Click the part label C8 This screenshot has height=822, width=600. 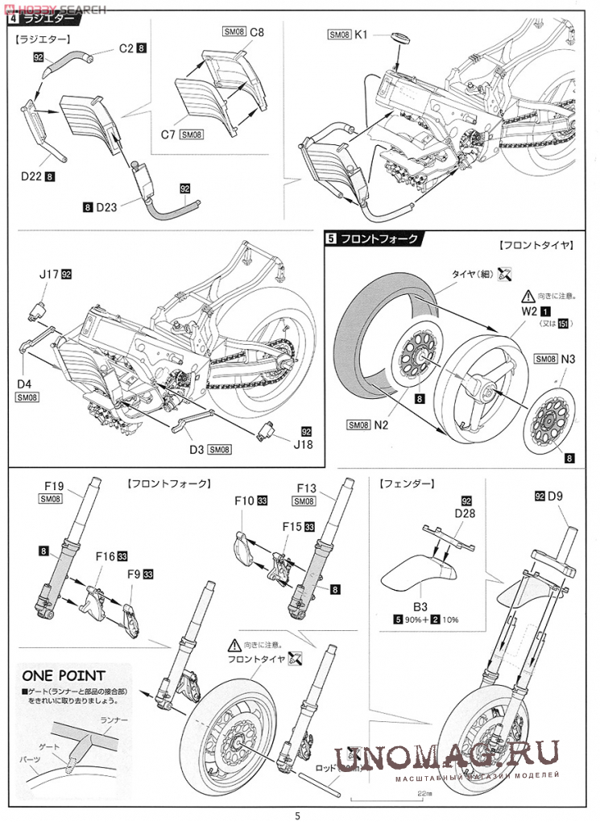pos(257,32)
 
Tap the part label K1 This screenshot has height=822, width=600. pos(362,35)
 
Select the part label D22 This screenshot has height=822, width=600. pos(31,172)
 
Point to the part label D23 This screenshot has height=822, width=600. pos(107,206)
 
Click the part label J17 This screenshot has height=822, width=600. pos(48,275)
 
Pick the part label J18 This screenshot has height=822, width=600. pos(304,443)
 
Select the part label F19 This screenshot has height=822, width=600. pos(53,487)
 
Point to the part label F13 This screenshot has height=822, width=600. pos(306,488)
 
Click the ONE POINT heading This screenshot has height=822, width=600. pos(64,676)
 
